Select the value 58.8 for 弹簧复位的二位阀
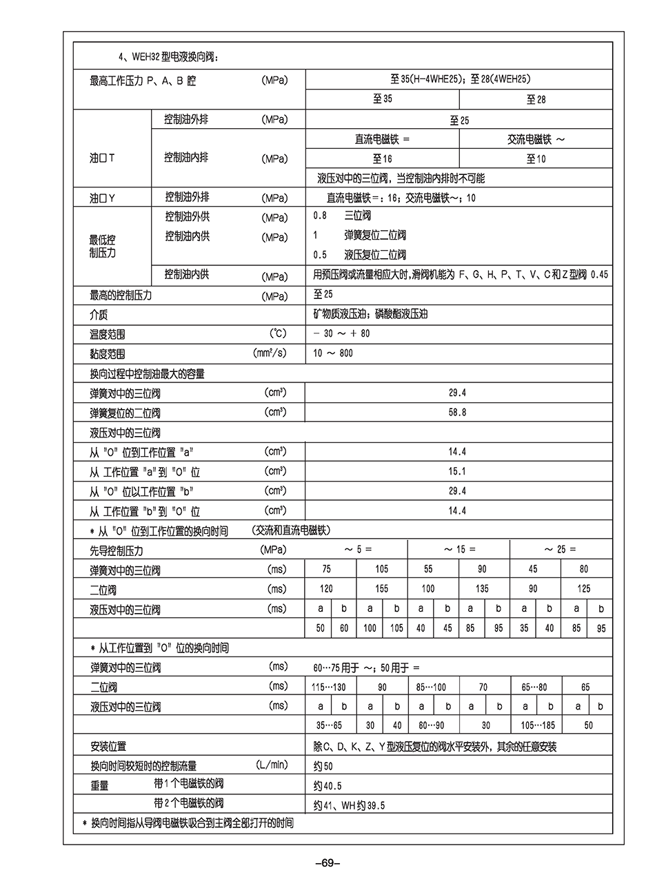[x=457, y=413]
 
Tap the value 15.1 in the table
[x=457, y=472]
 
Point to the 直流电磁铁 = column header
[x=382, y=139]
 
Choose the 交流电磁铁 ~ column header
[x=536, y=139]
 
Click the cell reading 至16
[x=382, y=158]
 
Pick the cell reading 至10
[x=536, y=158]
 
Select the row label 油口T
[x=103, y=158]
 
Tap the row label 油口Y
[x=103, y=198]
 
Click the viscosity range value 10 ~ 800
[x=333, y=353]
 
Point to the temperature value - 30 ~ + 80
[x=341, y=333]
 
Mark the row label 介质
[x=99, y=315]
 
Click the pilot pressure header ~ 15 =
[x=459, y=550]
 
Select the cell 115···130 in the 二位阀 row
[x=328, y=687]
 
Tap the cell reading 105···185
[x=537, y=725]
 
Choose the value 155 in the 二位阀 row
[x=381, y=589]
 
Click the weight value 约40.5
[x=327, y=785]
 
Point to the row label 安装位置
[x=108, y=746]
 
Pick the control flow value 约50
[x=323, y=765]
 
